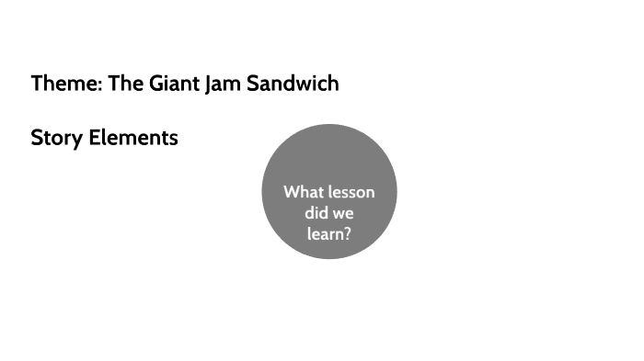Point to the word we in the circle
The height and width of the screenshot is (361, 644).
click(x=343, y=213)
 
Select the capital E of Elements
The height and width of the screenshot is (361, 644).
click(x=95, y=139)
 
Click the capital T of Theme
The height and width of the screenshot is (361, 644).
click(x=37, y=84)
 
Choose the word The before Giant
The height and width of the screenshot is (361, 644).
click(x=124, y=84)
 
